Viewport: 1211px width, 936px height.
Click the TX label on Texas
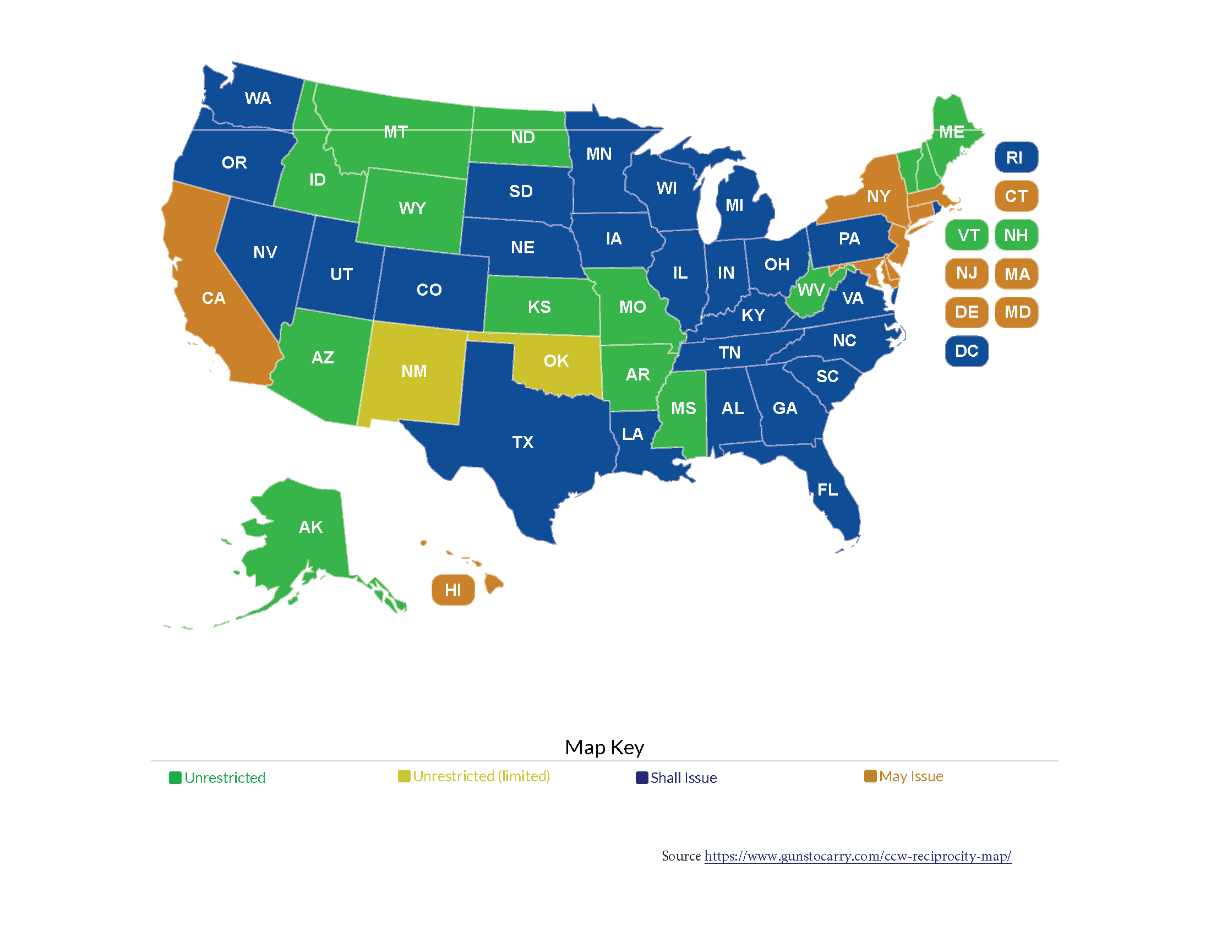(x=522, y=443)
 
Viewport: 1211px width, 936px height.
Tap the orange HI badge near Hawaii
(x=453, y=590)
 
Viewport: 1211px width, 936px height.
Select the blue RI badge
(x=1015, y=157)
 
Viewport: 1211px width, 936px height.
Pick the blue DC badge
(x=967, y=351)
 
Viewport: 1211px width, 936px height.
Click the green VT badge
(x=967, y=235)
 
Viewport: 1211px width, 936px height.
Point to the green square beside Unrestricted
(x=175, y=778)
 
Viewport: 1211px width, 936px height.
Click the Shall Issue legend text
(x=683, y=778)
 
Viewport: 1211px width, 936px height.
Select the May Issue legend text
(x=910, y=776)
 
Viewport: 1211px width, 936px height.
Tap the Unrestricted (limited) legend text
(x=481, y=776)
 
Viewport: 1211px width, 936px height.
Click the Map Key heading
(x=604, y=748)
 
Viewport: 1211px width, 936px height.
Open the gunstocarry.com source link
(x=857, y=856)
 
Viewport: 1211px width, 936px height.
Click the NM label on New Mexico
(x=414, y=372)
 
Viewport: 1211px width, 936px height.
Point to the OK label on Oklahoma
(x=556, y=361)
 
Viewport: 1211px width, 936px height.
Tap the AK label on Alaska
(x=310, y=527)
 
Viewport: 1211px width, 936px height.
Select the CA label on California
(x=214, y=298)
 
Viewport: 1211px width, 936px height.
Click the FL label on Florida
(x=827, y=489)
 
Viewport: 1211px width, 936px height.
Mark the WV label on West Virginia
(x=811, y=290)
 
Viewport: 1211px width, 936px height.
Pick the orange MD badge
(x=1017, y=312)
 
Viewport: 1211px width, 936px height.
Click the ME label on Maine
(x=952, y=132)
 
